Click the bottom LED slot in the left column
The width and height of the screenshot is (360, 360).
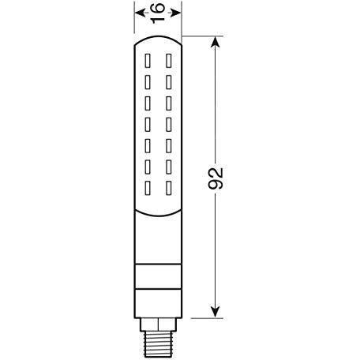coord(148,188)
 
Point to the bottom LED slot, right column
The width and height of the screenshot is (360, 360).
coord(168,188)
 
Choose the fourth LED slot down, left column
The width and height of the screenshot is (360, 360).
coord(148,124)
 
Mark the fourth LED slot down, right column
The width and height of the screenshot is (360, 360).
coord(168,124)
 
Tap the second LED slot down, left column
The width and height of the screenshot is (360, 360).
coord(148,81)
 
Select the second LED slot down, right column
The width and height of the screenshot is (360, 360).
coord(168,81)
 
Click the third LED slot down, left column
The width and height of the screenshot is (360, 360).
coord(148,103)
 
